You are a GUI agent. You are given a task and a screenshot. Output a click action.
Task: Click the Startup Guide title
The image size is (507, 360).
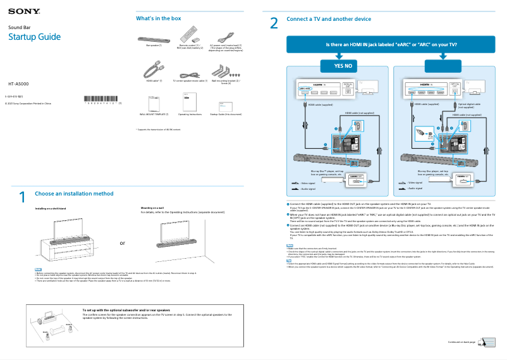[34, 37]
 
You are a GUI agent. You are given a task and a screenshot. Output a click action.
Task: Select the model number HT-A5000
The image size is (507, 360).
[18, 84]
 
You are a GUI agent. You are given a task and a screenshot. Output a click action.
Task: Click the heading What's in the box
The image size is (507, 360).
[158, 18]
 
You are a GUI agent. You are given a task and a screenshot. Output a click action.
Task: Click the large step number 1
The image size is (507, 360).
[22, 197]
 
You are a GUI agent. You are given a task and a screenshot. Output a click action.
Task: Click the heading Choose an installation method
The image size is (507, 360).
[74, 193]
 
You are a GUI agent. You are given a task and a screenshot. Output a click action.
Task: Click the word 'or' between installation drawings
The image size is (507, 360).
[123, 243]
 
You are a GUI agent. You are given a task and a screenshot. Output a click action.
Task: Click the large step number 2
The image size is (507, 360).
[274, 23]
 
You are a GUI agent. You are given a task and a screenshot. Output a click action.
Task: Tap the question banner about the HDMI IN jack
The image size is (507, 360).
[391, 45]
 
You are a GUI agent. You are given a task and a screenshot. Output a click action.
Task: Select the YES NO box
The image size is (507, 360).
[338, 66]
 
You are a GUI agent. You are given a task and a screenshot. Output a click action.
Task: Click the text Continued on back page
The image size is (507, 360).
[461, 342]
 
